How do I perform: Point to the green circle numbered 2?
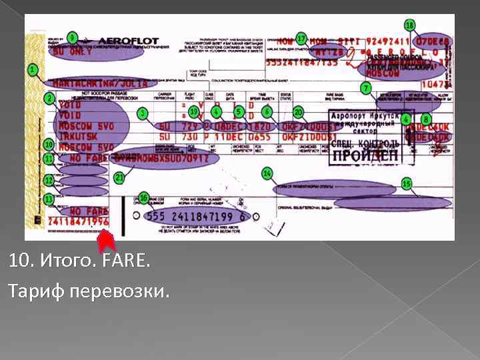pyautogui.click(x=49, y=98)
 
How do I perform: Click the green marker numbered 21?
pyautogui.click(x=119, y=178)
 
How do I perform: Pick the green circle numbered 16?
pyautogui.click(x=144, y=198)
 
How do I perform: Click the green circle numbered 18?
pyautogui.click(x=409, y=25)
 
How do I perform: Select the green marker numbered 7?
pyautogui.click(x=365, y=88)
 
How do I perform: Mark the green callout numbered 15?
pyautogui.click(x=406, y=183)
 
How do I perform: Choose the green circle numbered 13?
pyautogui.click(x=48, y=199)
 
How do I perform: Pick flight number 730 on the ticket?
pyautogui.click(x=191, y=137)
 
